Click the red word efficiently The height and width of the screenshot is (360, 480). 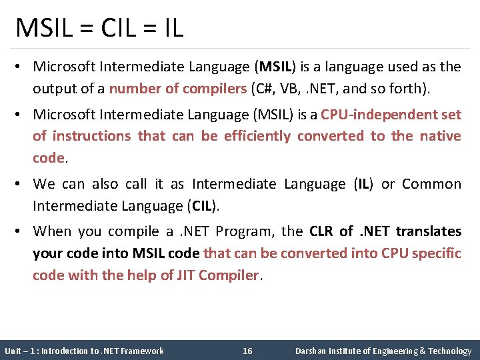point(257,136)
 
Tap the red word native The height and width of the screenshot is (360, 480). point(441,136)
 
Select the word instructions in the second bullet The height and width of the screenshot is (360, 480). point(91,136)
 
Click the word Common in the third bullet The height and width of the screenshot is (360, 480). point(431,184)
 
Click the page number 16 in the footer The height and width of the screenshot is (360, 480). point(247,351)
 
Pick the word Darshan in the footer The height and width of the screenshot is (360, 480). point(311,351)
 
